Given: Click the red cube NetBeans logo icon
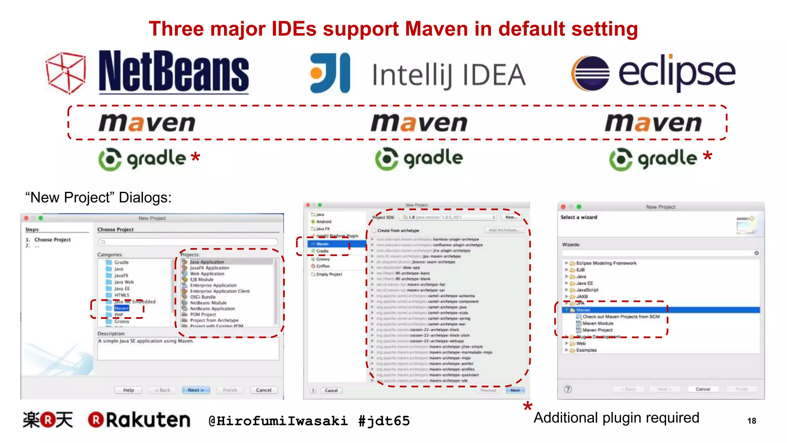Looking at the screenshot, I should pyautogui.click(x=66, y=73).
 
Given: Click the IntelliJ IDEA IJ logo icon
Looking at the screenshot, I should pyautogui.click(x=330, y=73).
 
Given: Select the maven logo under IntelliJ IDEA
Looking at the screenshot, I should pyautogui.click(x=419, y=123).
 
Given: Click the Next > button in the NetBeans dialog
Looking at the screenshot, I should pyautogui.click(x=196, y=390).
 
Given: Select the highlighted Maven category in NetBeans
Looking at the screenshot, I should pyautogui.click(x=121, y=308).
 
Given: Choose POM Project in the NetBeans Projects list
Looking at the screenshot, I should pyautogui.click(x=203, y=315).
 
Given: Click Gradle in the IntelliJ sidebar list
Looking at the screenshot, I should pyautogui.click(x=322, y=251).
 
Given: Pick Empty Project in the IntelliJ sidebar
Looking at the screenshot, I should pyautogui.click(x=329, y=274).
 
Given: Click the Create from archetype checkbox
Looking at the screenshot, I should pyautogui.click(x=374, y=231).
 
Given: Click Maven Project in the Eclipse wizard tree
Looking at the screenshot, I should pyautogui.click(x=597, y=330).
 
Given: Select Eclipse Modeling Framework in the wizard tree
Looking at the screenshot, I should pyautogui.click(x=606, y=263).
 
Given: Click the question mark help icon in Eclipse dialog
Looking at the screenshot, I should pyautogui.click(x=568, y=389).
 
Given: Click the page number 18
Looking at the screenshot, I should pyautogui.click(x=752, y=421).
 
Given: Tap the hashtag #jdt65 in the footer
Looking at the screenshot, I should pyautogui.click(x=384, y=421).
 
